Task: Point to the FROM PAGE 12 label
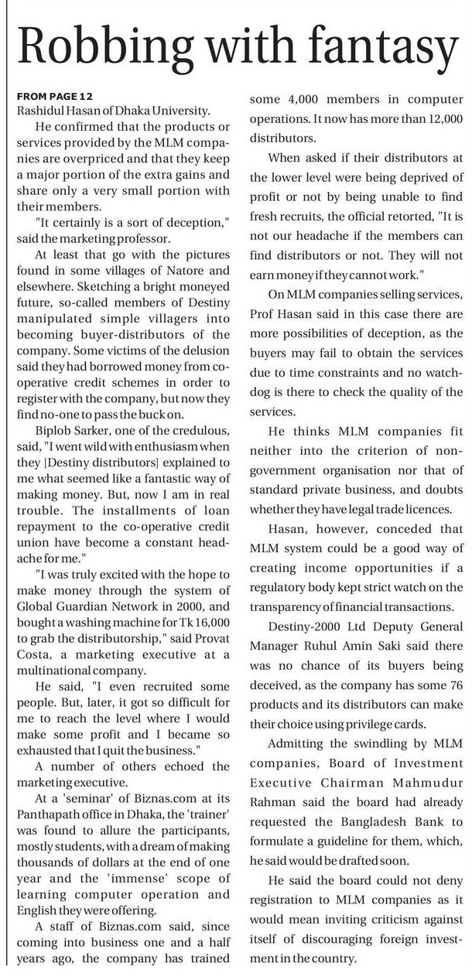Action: click(x=54, y=96)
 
